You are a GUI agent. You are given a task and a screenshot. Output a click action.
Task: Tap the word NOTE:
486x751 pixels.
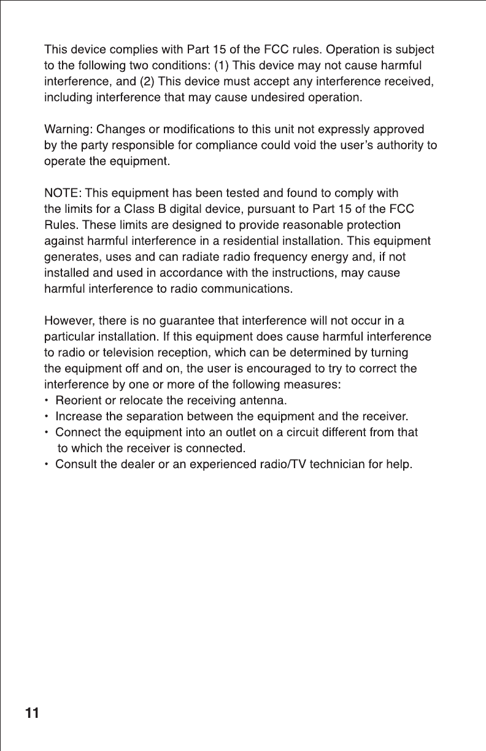(64, 193)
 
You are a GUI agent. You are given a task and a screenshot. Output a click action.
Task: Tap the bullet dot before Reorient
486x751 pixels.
(47, 401)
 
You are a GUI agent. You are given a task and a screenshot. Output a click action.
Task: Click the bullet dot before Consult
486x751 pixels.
(47, 464)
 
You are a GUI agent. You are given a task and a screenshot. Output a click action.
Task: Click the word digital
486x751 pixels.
(176, 209)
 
